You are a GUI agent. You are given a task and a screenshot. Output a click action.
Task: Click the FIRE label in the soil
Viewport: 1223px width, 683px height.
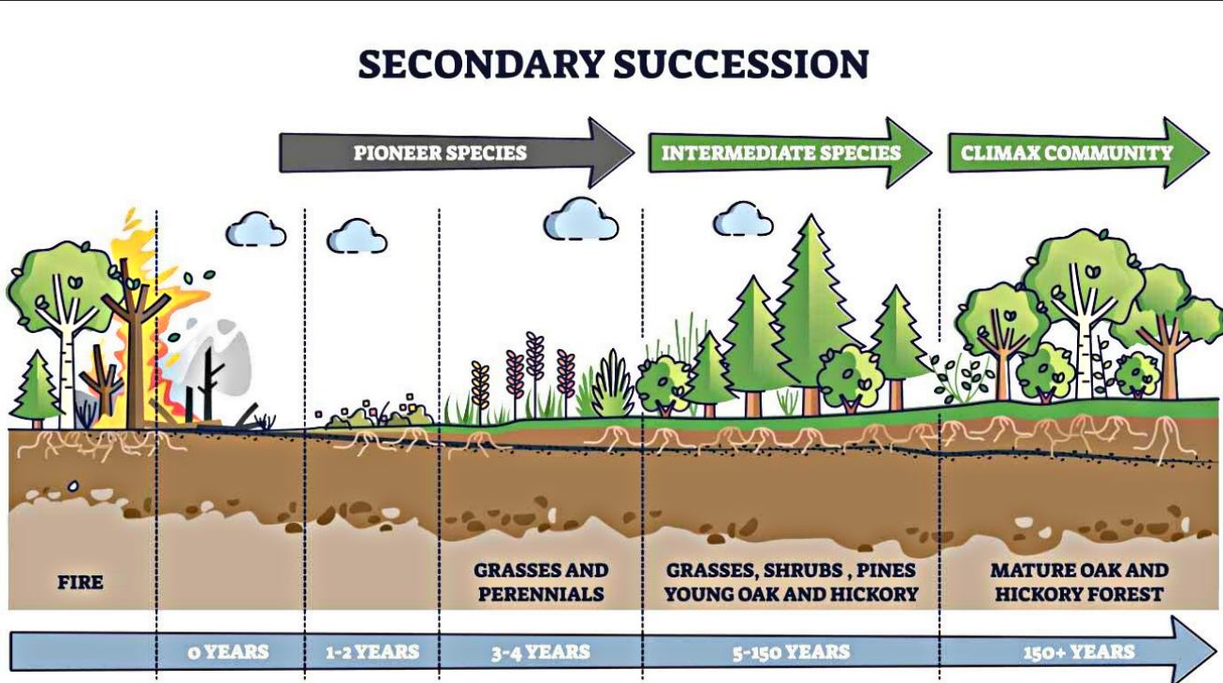point(80,582)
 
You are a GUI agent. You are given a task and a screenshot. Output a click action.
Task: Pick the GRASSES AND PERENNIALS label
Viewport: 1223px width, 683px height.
point(541,581)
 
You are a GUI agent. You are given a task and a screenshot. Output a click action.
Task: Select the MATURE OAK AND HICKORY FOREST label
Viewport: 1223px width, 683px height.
point(1079,581)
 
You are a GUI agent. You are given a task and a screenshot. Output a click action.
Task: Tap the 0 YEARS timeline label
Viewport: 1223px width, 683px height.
point(228,651)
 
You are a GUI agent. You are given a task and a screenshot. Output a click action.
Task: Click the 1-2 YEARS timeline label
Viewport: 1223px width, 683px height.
point(372,651)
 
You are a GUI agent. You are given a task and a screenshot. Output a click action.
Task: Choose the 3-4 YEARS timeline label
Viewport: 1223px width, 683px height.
point(541,651)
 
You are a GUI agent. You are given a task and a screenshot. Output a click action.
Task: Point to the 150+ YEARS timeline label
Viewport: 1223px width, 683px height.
point(1079,651)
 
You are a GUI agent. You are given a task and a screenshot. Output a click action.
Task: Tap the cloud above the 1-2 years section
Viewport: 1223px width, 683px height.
point(357,237)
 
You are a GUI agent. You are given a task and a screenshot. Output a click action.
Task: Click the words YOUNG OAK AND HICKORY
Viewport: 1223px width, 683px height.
point(792,593)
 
